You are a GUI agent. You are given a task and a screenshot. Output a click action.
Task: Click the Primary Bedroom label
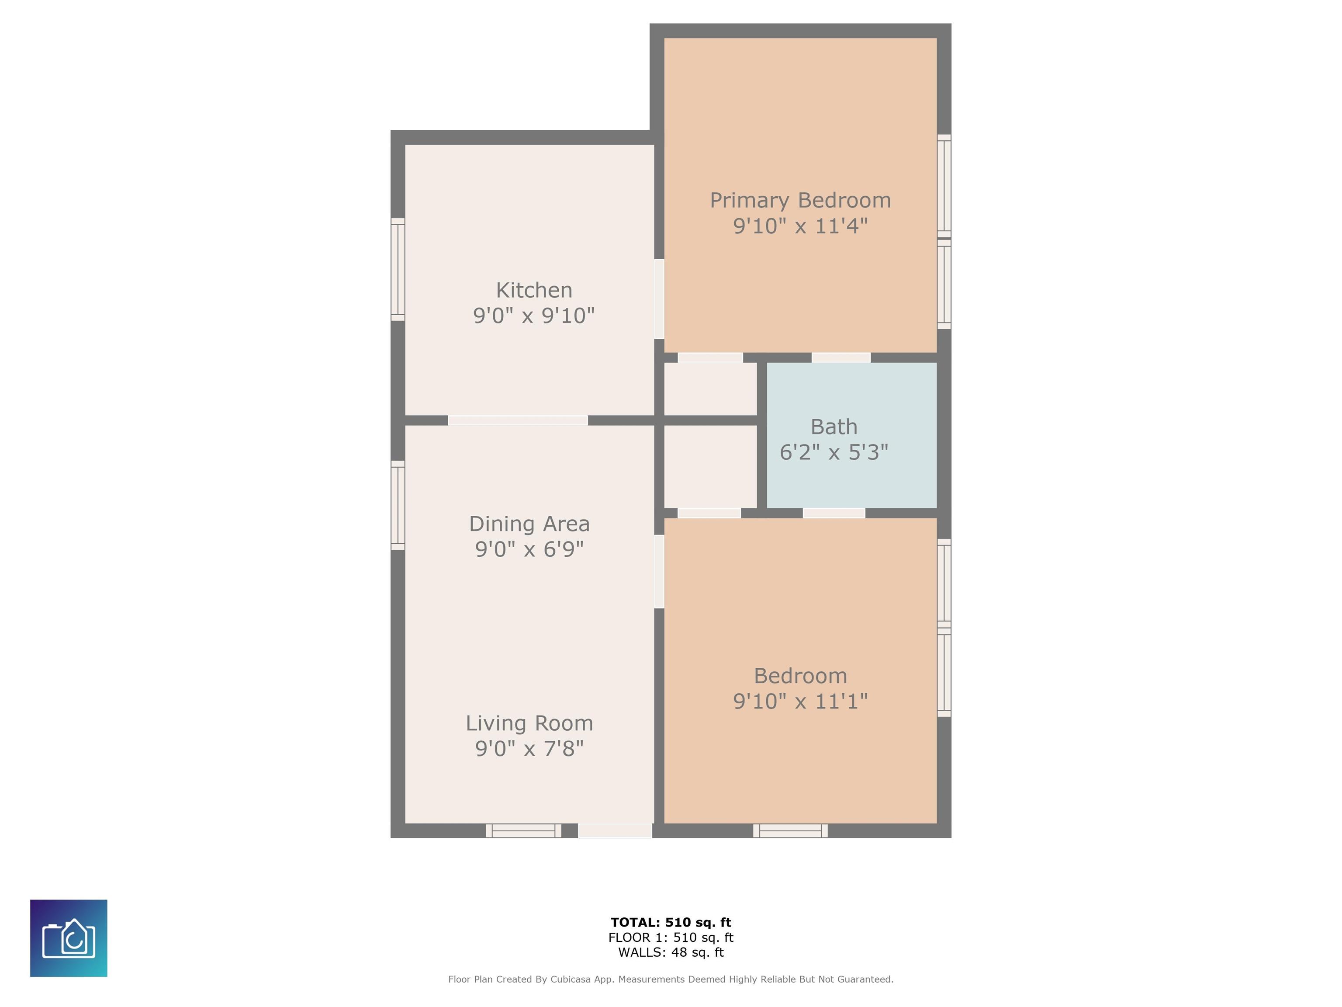[800, 200]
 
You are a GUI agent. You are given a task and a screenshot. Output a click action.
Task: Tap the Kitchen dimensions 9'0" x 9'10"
[534, 316]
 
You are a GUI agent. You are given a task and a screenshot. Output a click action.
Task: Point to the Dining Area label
[529, 524]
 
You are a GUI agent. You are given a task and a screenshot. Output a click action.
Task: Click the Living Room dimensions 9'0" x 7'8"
[529, 748]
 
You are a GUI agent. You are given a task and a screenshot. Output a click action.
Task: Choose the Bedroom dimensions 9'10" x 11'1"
[800, 701]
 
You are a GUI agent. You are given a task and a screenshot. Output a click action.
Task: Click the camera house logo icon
[69, 938]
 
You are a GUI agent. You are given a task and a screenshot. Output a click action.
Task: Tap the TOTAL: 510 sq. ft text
[671, 923]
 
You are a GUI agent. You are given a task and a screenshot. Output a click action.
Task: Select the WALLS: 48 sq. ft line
[671, 952]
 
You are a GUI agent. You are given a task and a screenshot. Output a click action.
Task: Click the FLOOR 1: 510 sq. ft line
[671, 938]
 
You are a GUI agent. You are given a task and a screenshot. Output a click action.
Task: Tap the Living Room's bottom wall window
[524, 831]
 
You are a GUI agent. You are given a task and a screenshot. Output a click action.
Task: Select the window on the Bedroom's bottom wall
[791, 831]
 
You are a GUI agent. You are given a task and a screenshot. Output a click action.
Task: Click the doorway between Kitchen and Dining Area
[518, 420]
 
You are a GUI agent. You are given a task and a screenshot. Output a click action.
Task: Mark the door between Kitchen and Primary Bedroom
[659, 299]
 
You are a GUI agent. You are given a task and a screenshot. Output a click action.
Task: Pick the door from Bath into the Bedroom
[834, 513]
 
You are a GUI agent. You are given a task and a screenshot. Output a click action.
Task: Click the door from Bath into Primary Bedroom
[841, 358]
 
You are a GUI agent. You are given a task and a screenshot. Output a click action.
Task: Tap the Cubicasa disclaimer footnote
[671, 979]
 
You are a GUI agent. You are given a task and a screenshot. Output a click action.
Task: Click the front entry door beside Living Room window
[615, 831]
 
